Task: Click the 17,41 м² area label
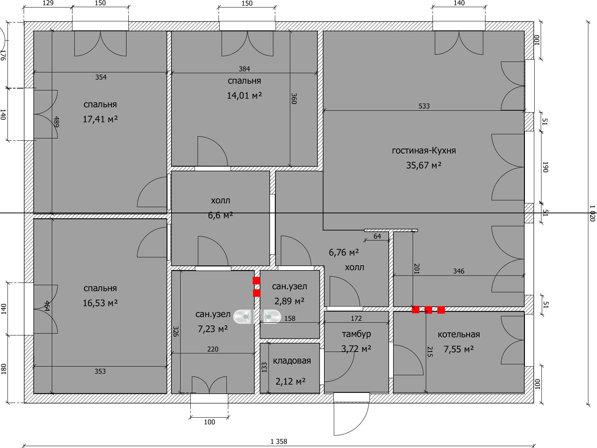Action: coord(100,119)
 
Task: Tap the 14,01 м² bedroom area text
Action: coord(244,96)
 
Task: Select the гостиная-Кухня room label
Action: coord(424,151)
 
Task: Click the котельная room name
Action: coord(458,335)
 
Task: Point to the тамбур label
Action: coord(356,334)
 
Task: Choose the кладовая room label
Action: coord(292,361)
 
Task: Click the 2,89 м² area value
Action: coord(289,301)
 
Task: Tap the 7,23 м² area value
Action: coord(213,329)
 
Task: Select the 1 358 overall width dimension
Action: coord(279,442)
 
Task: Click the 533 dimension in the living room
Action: coord(424,106)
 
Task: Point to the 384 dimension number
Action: coord(244,69)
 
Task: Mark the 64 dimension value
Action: coord(377,236)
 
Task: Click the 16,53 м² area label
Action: coord(100,303)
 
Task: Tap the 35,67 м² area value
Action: coord(424,165)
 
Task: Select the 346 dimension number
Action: coord(458,271)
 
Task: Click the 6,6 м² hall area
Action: coord(220,215)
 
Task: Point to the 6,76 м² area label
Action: coord(344,253)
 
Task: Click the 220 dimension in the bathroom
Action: coord(213,349)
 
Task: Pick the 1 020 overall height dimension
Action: coord(592,213)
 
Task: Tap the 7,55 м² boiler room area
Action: coord(458,349)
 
